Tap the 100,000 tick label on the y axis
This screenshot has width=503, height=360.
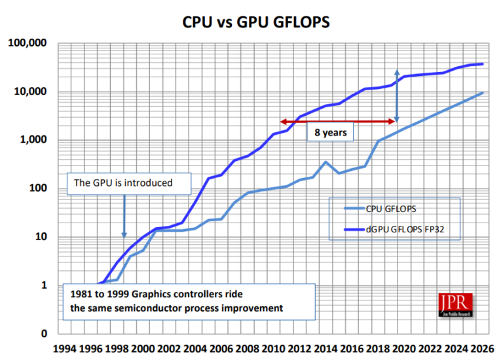click(29, 43)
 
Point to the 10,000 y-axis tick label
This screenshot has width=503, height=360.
click(31, 92)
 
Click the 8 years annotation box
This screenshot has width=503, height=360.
click(331, 132)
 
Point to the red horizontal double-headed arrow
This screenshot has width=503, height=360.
click(337, 121)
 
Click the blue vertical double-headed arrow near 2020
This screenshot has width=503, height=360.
click(396, 96)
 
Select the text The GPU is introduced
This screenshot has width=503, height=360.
click(124, 183)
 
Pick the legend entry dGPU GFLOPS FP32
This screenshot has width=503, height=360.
click(403, 228)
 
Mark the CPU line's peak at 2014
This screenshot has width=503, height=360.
click(326, 162)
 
